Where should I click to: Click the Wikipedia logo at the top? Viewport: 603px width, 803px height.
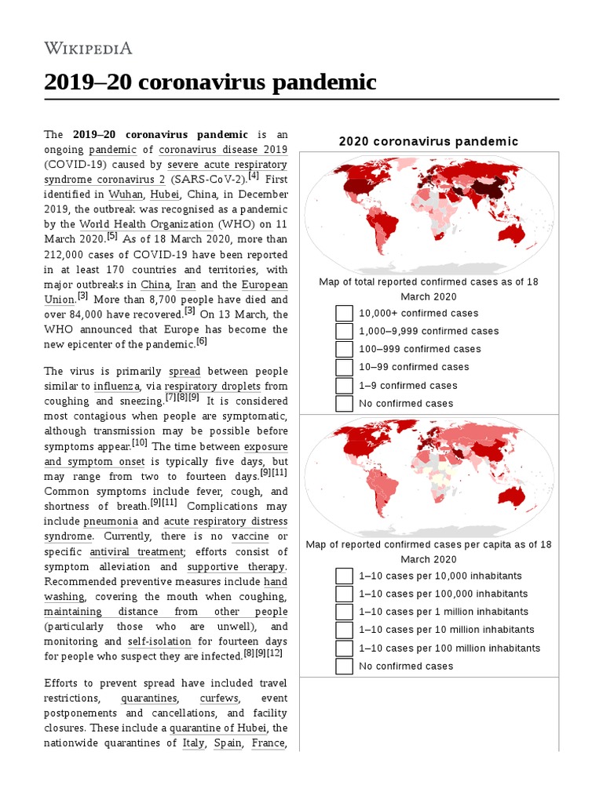pyautogui.click(x=88, y=48)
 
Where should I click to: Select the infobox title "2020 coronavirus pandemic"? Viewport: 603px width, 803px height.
pyautogui.click(x=428, y=141)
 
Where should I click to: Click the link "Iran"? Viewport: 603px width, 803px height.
pyautogui.click(x=186, y=285)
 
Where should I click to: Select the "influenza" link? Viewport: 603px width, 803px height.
pyautogui.click(x=118, y=386)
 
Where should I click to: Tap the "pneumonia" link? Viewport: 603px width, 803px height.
pyautogui.click(x=111, y=521)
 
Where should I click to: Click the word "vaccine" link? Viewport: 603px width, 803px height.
pyautogui.click(x=250, y=536)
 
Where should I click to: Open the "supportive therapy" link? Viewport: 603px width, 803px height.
pyautogui.click(x=236, y=567)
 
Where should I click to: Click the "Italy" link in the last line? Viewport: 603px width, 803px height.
pyautogui.click(x=193, y=743)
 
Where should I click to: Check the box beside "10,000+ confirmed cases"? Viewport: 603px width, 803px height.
pyautogui.click(x=344, y=314)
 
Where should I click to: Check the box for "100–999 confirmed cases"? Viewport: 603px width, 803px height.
pyautogui.click(x=344, y=350)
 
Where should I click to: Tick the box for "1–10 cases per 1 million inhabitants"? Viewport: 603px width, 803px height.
pyautogui.click(x=344, y=612)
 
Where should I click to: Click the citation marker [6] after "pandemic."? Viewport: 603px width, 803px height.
pyautogui.click(x=202, y=342)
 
